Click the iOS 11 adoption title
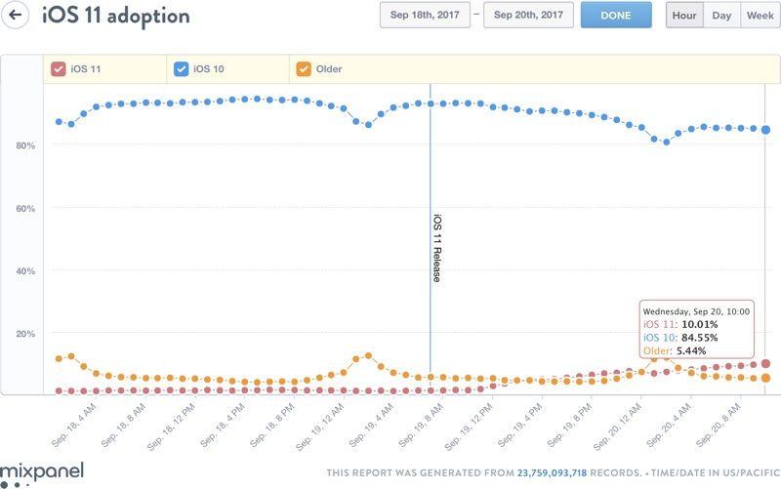(x=115, y=17)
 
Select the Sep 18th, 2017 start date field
(x=425, y=16)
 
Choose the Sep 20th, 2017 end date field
(x=528, y=16)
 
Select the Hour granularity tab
(x=684, y=16)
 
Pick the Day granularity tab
(x=721, y=16)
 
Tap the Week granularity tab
(x=760, y=16)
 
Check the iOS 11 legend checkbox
(x=58, y=69)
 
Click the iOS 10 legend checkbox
(x=181, y=69)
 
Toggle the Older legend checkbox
(x=304, y=69)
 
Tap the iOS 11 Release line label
(x=437, y=248)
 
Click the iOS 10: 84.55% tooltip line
(x=680, y=338)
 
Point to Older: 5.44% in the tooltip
(x=675, y=351)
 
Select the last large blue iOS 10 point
(x=766, y=130)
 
